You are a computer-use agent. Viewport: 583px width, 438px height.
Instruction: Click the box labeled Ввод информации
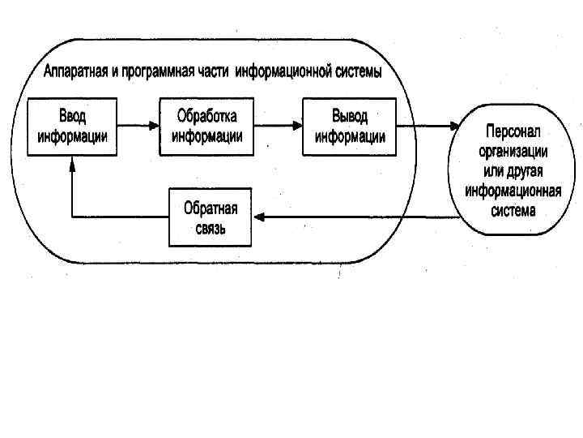point(71,127)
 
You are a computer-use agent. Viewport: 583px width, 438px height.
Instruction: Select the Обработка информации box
point(209,127)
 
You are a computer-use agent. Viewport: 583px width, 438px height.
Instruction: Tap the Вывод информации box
point(350,127)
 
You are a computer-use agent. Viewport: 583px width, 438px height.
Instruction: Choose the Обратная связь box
point(210,217)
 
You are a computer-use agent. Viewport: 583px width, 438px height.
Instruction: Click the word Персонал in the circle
point(513,131)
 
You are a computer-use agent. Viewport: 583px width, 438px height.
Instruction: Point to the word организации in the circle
point(513,151)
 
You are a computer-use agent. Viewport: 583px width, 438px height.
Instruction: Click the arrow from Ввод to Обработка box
point(138,127)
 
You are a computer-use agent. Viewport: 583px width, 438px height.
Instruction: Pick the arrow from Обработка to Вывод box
point(275,127)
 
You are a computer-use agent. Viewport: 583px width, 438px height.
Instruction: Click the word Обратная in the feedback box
point(211,208)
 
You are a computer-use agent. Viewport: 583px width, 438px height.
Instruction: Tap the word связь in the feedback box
point(210,227)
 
